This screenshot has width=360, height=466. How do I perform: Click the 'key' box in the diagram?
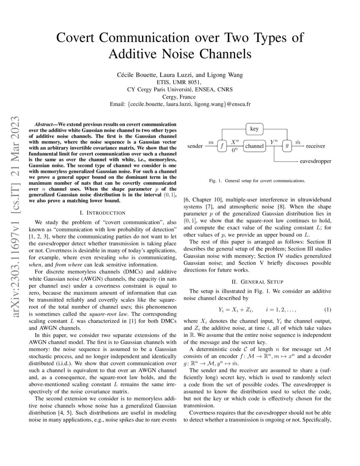[x=255, y=128]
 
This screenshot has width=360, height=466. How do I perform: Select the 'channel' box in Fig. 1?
[x=255, y=146]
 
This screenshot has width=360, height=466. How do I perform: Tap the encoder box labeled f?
[x=222, y=146]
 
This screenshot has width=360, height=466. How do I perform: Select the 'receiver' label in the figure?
[x=316, y=146]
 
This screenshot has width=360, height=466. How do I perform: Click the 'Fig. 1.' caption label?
[x=216, y=181]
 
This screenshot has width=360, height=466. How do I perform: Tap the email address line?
[x=180, y=104]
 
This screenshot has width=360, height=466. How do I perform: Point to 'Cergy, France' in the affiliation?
[x=180, y=97]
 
